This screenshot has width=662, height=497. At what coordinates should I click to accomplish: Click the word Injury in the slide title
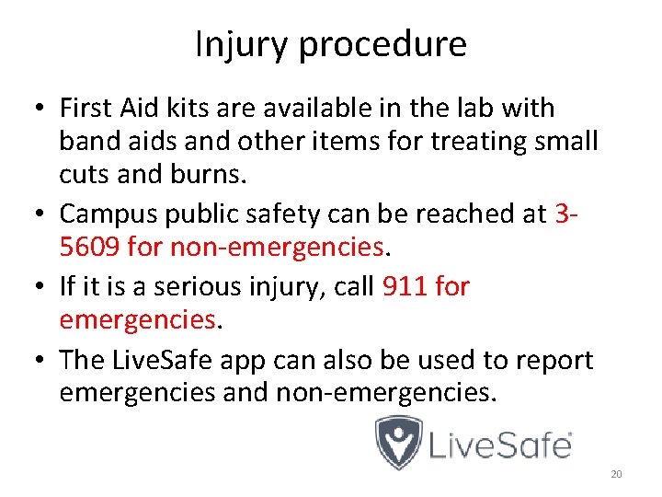[x=236, y=45]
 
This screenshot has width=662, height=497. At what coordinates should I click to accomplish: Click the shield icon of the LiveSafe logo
[x=399, y=442]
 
